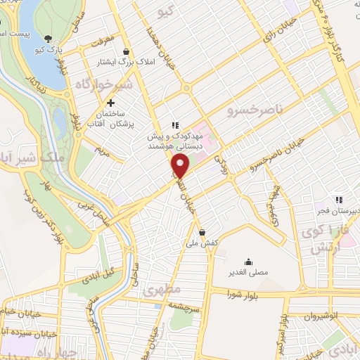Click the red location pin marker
(x=181, y=167)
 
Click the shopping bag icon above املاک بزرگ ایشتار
(x=126, y=51)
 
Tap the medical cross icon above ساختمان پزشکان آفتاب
(x=110, y=103)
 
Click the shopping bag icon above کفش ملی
(x=202, y=232)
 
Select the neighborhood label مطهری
(x=162, y=289)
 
